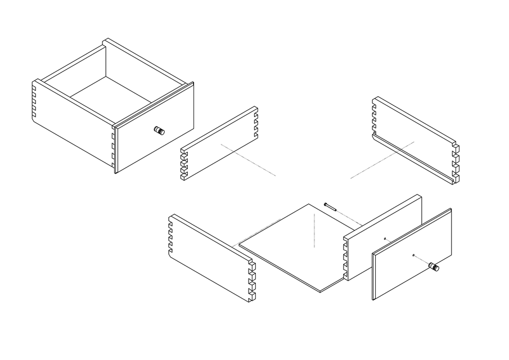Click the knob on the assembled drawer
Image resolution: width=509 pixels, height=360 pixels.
(160, 131)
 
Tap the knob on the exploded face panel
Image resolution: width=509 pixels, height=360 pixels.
(435, 267)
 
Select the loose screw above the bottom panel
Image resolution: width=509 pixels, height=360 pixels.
(330, 206)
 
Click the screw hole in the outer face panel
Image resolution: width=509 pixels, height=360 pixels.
(413, 255)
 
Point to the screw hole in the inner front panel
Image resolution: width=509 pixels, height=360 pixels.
(385, 238)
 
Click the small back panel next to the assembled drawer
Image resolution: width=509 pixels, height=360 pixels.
(219, 143)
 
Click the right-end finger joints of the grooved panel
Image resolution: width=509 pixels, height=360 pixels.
(455, 164)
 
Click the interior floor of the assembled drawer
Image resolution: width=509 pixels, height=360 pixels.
(110, 96)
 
